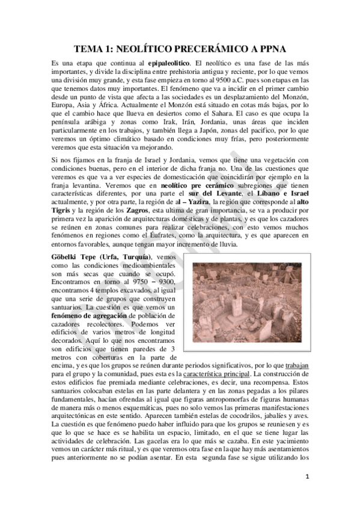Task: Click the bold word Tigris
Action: (x=58, y=212)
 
